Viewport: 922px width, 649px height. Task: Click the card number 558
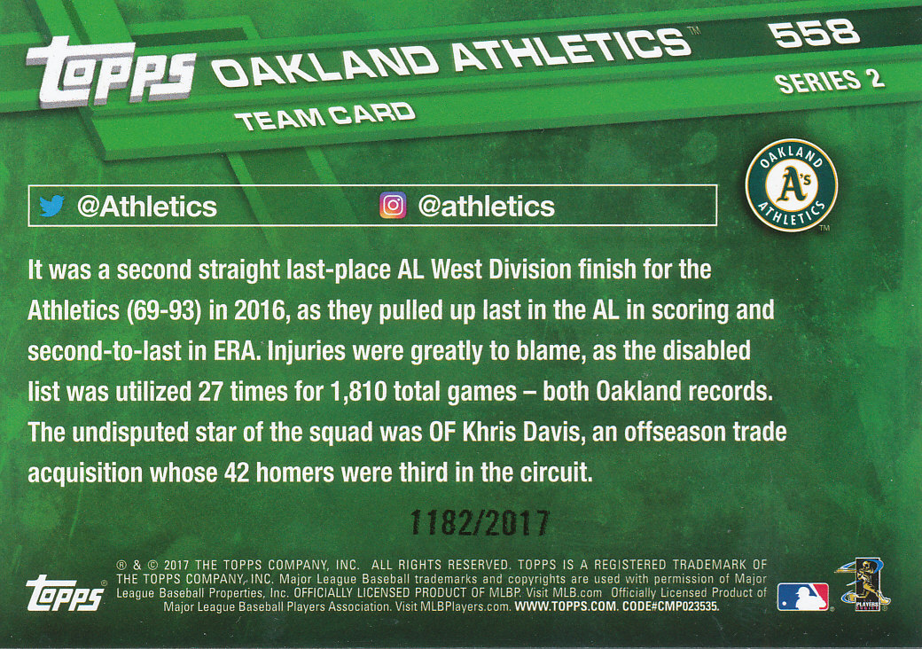815,33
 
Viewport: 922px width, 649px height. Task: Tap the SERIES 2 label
830,82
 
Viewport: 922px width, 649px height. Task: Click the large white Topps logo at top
111,73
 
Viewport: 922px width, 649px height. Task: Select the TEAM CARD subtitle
325,116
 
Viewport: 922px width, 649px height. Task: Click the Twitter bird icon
51,206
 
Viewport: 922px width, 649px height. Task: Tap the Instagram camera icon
393,206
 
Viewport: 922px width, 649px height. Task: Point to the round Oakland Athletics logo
792,185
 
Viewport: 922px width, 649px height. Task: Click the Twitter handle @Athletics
147,207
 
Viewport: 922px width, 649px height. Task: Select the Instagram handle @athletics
487,207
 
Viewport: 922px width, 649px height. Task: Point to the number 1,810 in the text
358,392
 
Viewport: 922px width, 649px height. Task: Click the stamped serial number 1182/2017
480,522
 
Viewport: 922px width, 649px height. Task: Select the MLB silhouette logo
802,597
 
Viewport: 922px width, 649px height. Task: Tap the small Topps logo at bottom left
66,592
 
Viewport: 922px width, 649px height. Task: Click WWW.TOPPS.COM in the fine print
566,606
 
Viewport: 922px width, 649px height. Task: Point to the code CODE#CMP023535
670,606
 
